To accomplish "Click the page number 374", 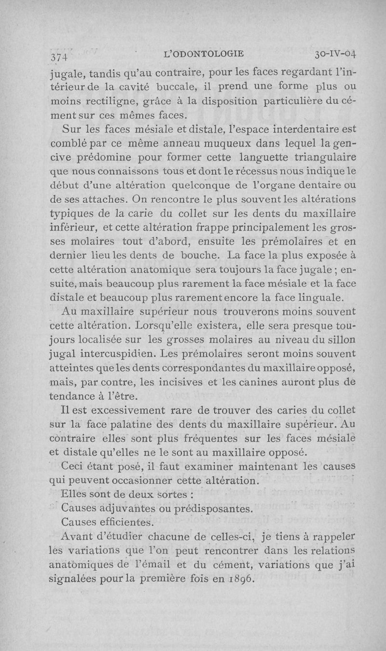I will (59, 56).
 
